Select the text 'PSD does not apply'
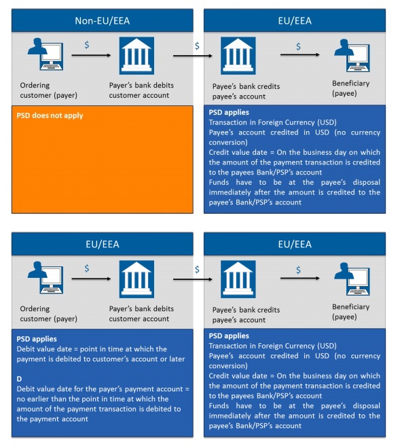coord(50,115)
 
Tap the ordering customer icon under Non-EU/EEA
coord(41,55)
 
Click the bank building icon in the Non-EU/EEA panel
coord(136,56)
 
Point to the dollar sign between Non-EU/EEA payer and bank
coord(87,45)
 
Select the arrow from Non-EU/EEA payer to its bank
coord(90,55)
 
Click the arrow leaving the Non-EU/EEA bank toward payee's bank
coord(187,55)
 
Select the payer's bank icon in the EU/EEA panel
coord(136,279)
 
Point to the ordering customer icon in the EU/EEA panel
coord(41,279)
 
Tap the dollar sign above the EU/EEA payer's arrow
coord(87,268)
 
